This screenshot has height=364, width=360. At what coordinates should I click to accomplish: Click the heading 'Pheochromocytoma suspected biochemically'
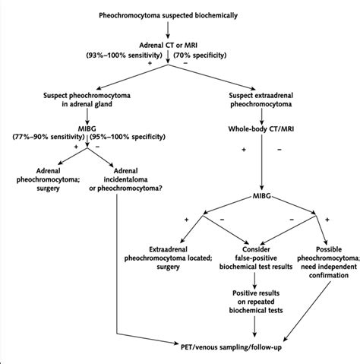click(x=178, y=15)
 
